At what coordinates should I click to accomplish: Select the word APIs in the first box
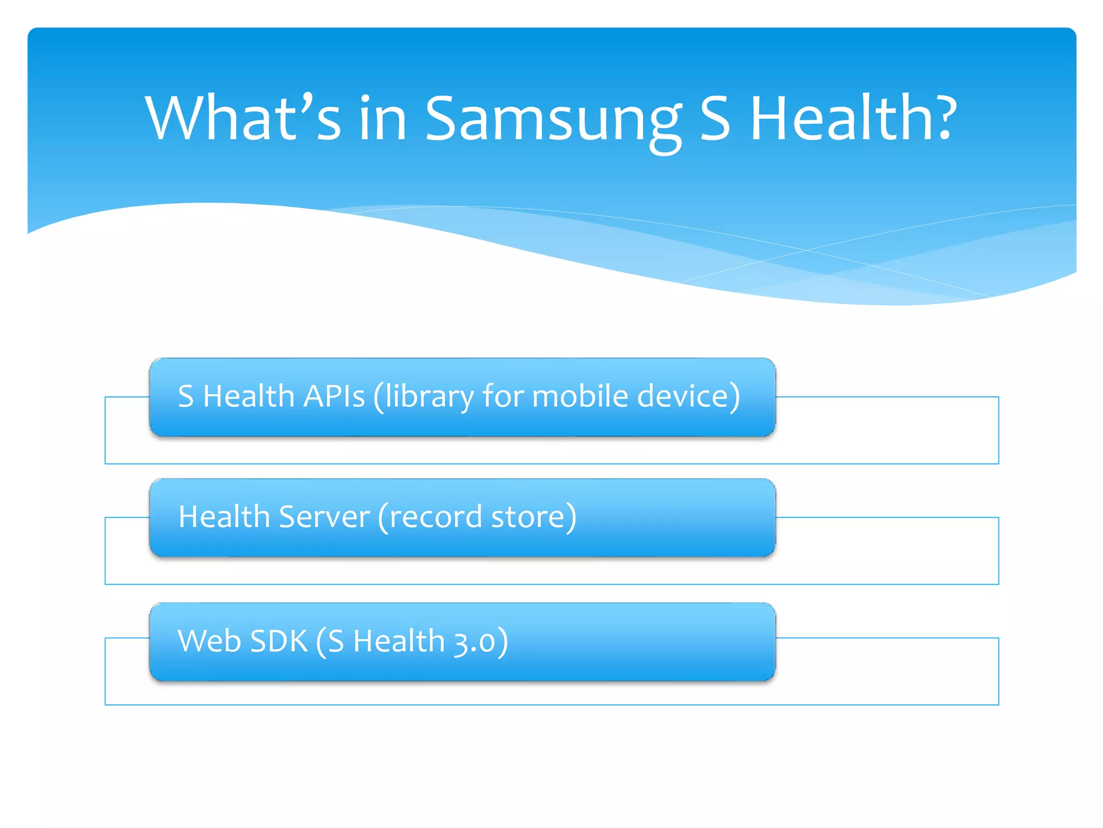(x=334, y=396)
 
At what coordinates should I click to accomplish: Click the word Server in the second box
(x=324, y=516)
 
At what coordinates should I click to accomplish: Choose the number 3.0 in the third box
(x=474, y=642)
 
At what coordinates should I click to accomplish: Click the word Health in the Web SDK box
(x=399, y=641)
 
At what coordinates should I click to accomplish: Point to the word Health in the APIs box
(x=248, y=396)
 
